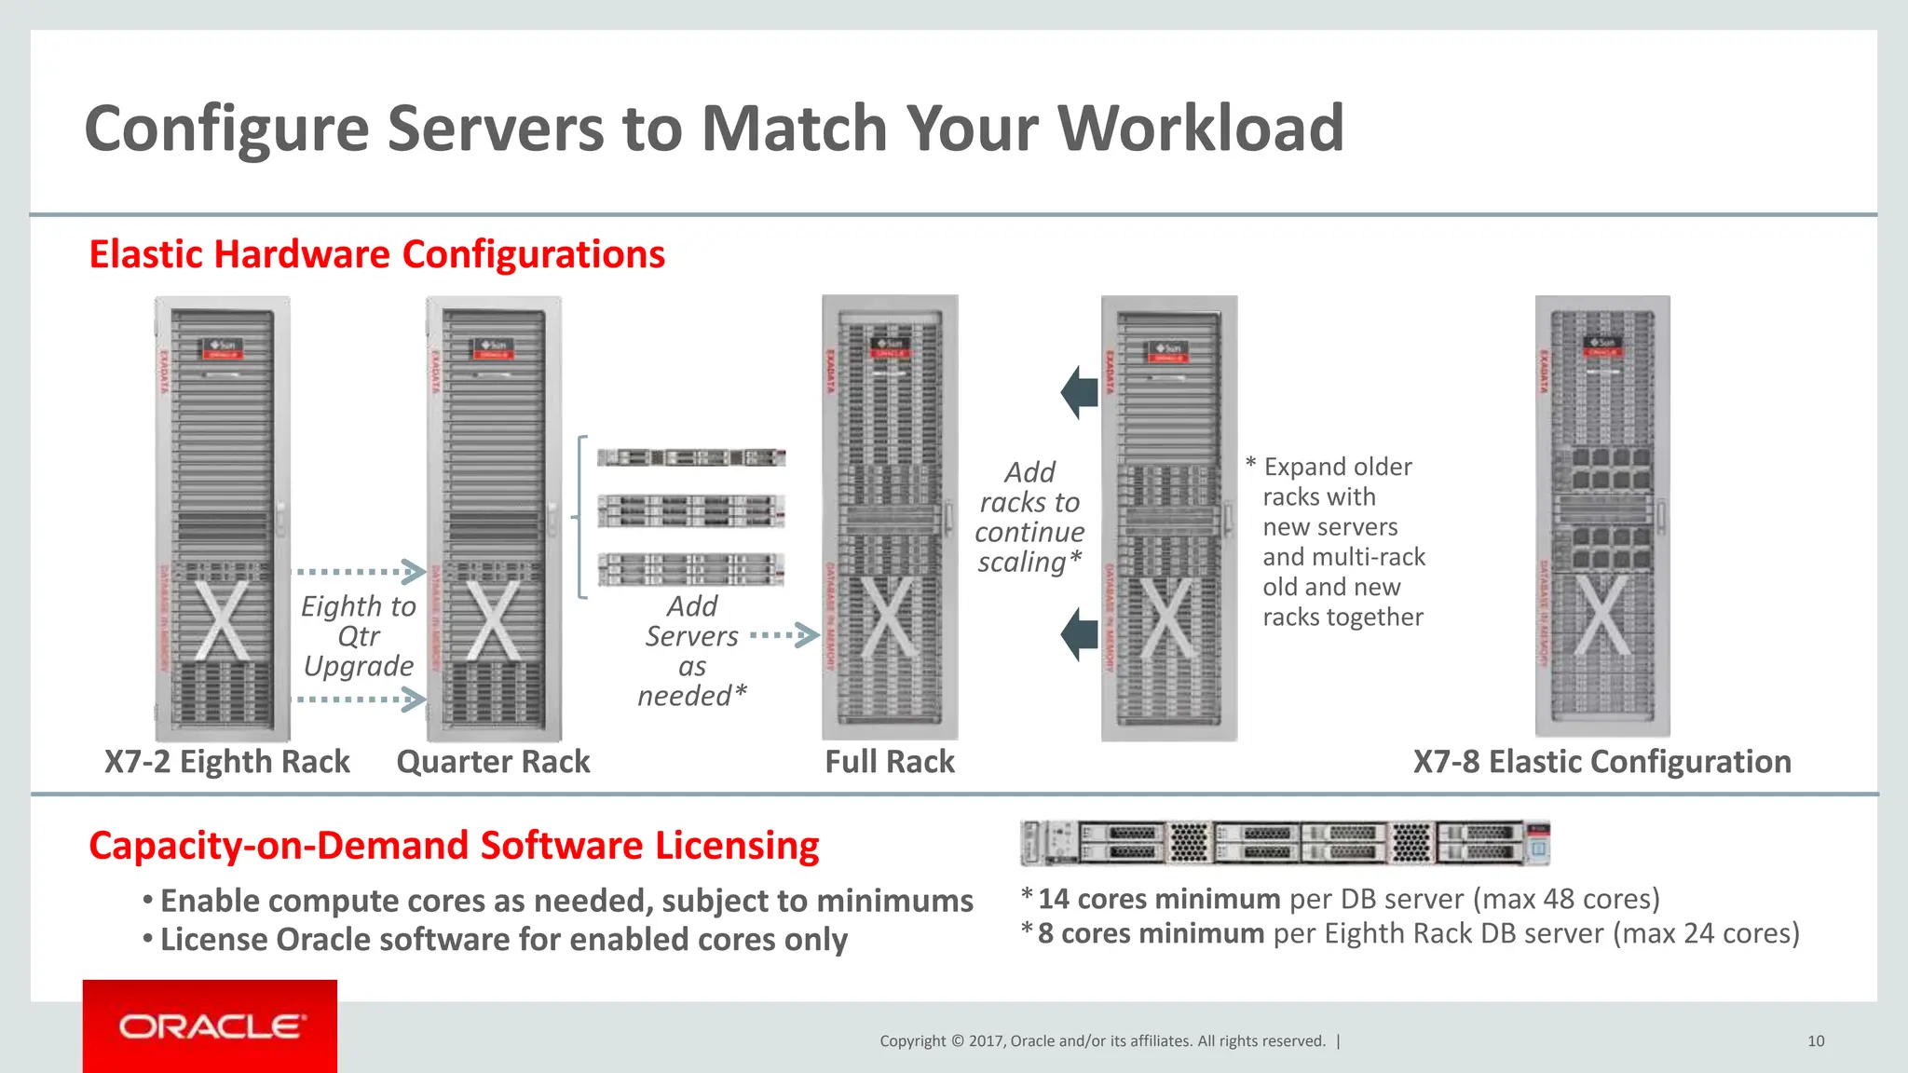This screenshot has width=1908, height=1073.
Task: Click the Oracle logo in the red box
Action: point(211,1026)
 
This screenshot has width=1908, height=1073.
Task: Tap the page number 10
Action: point(1815,1041)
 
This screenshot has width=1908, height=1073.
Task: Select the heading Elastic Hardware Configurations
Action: point(376,254)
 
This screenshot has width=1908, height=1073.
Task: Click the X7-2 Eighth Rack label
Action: point(226,762)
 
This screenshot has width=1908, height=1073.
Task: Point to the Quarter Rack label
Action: point(493,762)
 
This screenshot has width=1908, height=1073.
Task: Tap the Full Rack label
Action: point(889,762)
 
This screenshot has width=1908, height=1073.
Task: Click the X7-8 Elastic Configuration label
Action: point(1601,762)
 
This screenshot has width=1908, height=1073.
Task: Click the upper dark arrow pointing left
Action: point(1080,392)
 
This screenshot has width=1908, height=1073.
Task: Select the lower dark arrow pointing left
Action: point(1080,634)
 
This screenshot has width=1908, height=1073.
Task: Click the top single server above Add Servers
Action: point(690,457)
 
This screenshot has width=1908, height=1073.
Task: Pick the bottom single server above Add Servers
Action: point(690,568)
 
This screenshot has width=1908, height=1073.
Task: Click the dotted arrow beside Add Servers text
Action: point(784,636)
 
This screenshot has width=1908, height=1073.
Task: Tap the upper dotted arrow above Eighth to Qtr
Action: point(360,571)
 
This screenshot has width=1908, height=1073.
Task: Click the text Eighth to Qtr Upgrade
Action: point(358,636)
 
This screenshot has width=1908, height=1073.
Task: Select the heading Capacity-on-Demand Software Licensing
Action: point(454,846)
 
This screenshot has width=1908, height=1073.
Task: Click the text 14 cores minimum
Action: point(1158,899)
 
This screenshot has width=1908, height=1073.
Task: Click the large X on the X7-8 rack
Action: point(1601,615)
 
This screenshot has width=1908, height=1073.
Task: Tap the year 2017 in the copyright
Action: point(986,1041)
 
